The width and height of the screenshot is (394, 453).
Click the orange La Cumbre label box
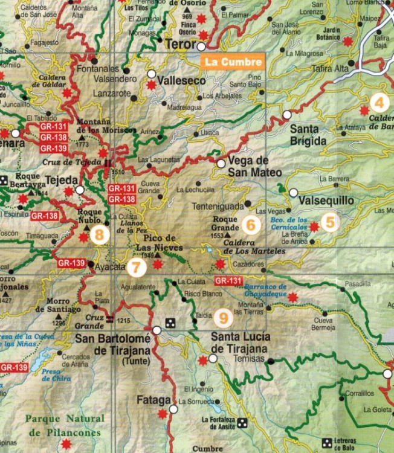pos(232,61)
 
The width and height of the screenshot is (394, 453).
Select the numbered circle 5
pos(329,222)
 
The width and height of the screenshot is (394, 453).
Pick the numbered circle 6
pos(250,225)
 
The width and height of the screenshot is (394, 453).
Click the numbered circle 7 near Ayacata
pos(137,266)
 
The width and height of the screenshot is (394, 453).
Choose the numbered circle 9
pos(224,316)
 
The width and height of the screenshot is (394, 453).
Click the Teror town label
pos(180,45)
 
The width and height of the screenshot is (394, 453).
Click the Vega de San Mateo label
pos(253,167)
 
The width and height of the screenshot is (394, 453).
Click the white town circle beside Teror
pos(201,46)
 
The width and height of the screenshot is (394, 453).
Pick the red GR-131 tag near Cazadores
pos(228,281)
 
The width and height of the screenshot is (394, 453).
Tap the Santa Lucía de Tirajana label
pos(239,342)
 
